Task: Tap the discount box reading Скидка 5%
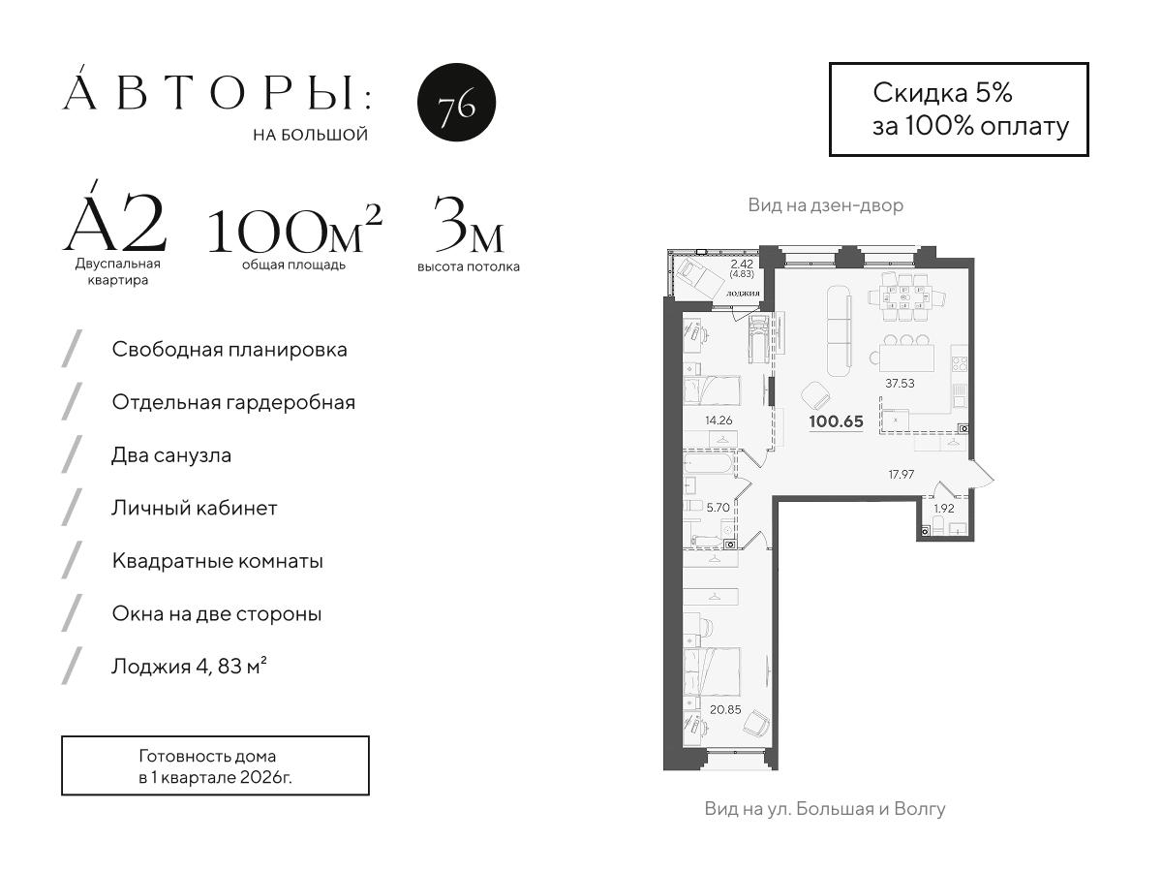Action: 959,109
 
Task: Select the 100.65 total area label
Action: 836,421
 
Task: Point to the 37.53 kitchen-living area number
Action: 900,383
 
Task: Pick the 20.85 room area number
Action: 726,709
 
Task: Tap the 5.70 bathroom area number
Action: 718,506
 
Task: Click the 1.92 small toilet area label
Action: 943,508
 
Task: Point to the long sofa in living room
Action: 839,332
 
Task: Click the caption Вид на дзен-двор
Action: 825,206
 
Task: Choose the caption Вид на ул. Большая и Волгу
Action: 825,808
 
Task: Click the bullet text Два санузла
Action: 171,454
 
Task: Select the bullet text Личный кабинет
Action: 195,508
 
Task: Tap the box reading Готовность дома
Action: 215,766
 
